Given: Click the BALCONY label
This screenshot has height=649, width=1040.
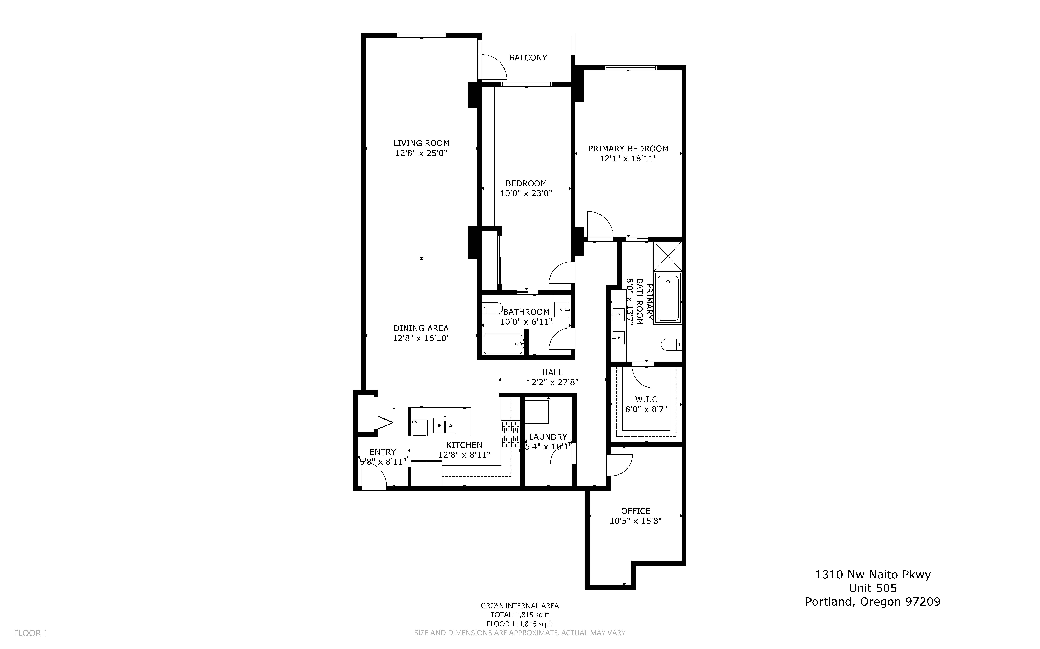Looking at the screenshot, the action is [528, 57].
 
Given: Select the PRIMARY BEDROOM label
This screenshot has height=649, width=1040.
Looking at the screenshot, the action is [628, 149].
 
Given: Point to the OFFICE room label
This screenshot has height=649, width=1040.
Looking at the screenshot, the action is [636, 511].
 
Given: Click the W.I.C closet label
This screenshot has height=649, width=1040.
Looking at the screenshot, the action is [646, 399].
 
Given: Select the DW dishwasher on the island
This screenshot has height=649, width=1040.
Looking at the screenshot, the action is [419, 428].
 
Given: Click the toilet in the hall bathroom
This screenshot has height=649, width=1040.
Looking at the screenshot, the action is [492, 308].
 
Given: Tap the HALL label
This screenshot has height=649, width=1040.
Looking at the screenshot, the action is [552, 372].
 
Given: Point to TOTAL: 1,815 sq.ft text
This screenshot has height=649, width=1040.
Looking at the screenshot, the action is [520, 615].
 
